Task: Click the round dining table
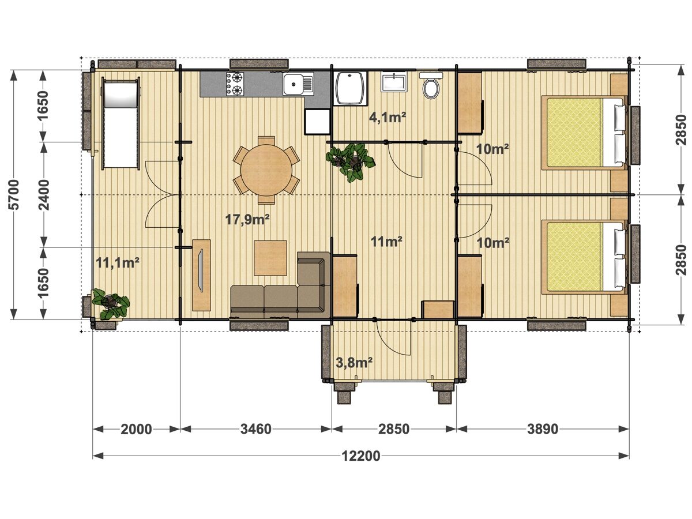(x=266, y=170)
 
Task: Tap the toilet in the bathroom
(x=431, y=85)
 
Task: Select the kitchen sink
(x=298, y=84)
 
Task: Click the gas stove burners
(x=235, y=84)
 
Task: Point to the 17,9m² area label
(x=247, y=219)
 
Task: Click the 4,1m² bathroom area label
(x=387, y=118)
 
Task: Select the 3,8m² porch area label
(x=354, y=363)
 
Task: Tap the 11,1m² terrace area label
(x=118, y=262)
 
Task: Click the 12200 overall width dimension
(x=361, y=456)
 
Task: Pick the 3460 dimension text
(x=255, y=429)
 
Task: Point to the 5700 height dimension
(x=14, y=194)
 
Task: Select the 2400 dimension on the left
(x=44, y=194)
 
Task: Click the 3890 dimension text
(x=543, y=429)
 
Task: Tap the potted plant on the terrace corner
(x=110, y=303)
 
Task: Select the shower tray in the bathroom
(x=351, y=88)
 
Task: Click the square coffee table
(x=270, y=258)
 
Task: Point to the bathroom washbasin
(x=393, y=82)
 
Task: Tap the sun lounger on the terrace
(x=121, y=123)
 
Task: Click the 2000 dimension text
(x=136, y=429)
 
